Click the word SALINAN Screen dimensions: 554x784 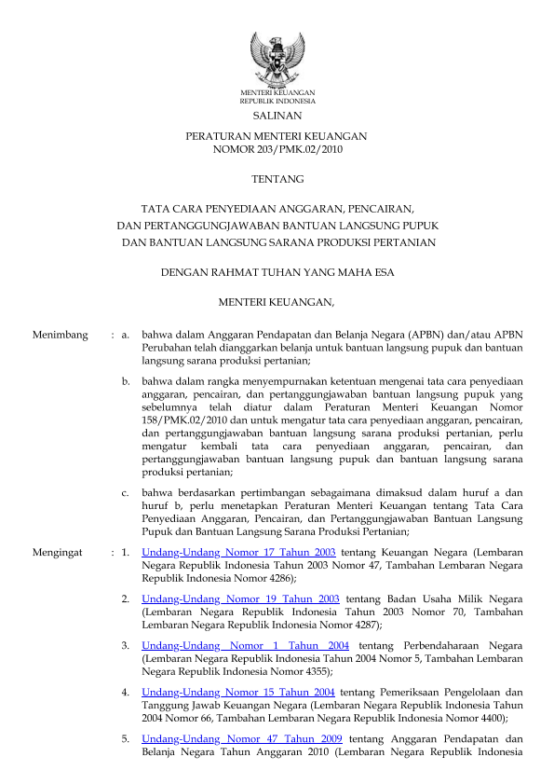(277, 116)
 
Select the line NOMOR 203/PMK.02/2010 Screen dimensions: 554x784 (277, 149)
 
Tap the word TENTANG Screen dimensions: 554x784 (277, 178)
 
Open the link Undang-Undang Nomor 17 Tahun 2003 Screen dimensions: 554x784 (239, 553)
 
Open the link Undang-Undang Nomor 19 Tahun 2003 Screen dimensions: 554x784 (240, 598)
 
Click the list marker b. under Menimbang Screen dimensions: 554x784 (126, 381)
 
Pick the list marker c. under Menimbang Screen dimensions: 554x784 (126, 491)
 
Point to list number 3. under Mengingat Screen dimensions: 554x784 (126, 645)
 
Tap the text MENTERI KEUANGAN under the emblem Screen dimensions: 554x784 (277, 93)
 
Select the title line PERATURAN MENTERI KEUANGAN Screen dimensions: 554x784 (277, 136)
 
